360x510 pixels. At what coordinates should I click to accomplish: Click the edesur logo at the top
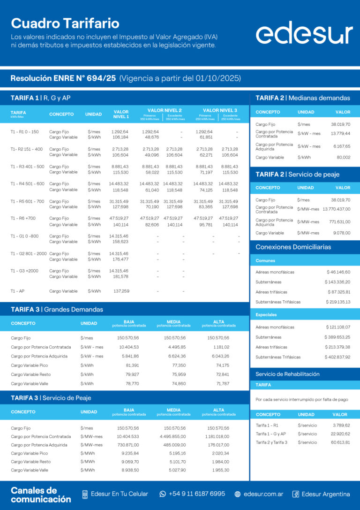point(304,33)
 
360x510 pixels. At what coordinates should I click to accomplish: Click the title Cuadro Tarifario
point(65,23)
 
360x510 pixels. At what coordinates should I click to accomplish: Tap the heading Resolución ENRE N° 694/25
point(63,78)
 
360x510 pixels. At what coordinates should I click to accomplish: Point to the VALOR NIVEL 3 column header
point(220,110)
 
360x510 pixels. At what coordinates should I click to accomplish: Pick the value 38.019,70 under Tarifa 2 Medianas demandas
point(340,124)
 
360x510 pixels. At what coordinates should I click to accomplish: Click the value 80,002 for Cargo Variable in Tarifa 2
point(343,158)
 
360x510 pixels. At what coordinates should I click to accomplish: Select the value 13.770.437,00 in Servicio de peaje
point(336,209)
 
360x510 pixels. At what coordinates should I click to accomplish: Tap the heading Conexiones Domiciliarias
point(293,247)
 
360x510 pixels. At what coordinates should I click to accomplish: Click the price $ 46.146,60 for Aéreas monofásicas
point(338,272)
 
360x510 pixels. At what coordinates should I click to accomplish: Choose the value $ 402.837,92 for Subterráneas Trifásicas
point(337,357)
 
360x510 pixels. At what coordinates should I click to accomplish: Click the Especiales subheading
point(266,315)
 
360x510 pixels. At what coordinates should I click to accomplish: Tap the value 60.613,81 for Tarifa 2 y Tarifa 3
point(340,442)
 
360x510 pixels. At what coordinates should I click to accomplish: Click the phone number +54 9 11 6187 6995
point(196,494)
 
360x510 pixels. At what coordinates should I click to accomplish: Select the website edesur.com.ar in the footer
point(263,494)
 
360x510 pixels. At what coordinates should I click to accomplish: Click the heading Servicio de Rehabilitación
point(287,374)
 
